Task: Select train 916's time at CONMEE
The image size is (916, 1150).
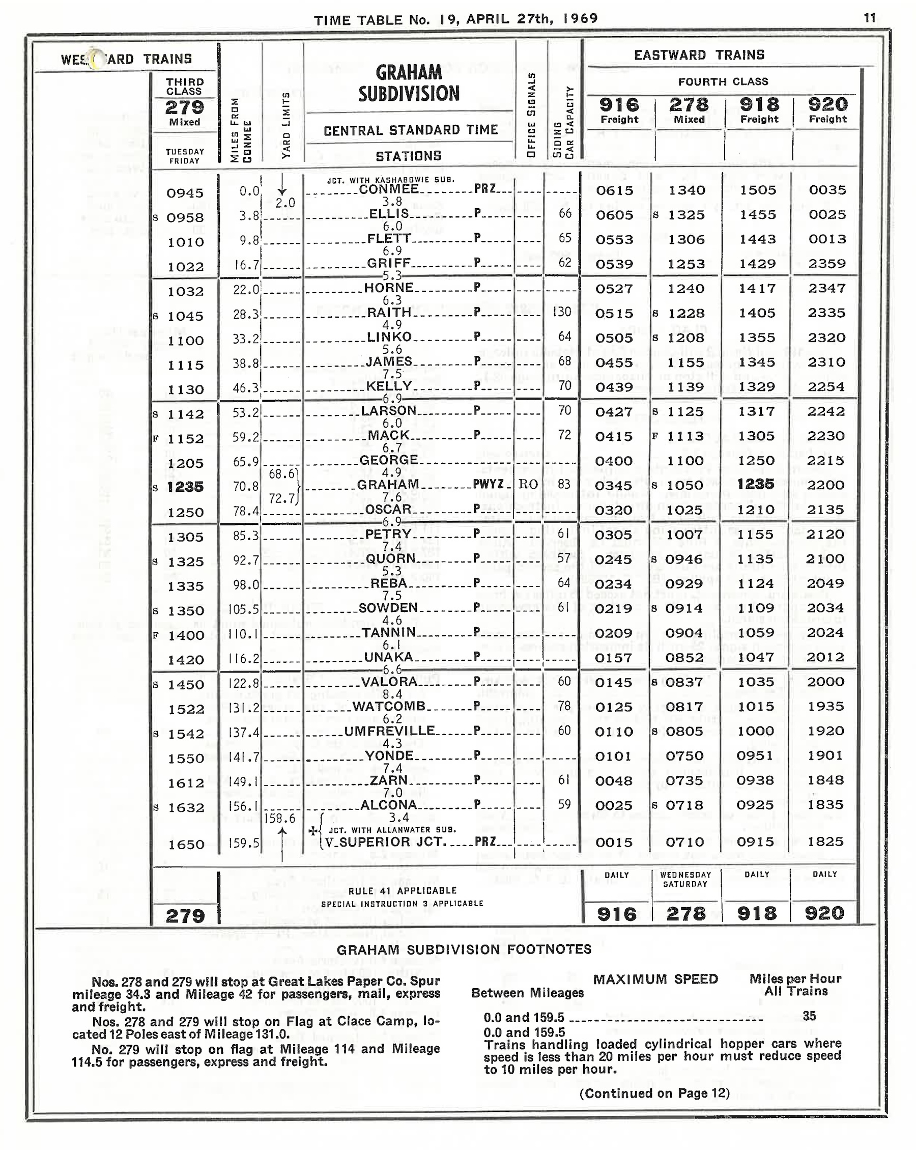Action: (614, 190)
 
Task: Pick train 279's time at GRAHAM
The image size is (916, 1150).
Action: (185, 487)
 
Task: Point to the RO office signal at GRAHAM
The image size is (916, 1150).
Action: (528, 484)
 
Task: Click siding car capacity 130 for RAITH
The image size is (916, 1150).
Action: (562, 312)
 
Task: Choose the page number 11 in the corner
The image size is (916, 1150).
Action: (870, 18)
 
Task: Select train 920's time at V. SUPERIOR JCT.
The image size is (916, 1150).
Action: (825, 842)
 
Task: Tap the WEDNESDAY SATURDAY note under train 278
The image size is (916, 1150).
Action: (685, 879)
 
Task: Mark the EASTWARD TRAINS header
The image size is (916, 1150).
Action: (699, 55)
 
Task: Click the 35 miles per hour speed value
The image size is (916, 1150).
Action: (809, 1016)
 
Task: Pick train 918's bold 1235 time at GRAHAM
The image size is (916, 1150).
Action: (756, 484)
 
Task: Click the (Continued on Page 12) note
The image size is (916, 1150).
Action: (654, 1093)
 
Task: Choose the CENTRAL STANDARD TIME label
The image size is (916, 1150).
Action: (411, 130)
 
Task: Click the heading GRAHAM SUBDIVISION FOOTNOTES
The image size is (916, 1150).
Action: (464, 949)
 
